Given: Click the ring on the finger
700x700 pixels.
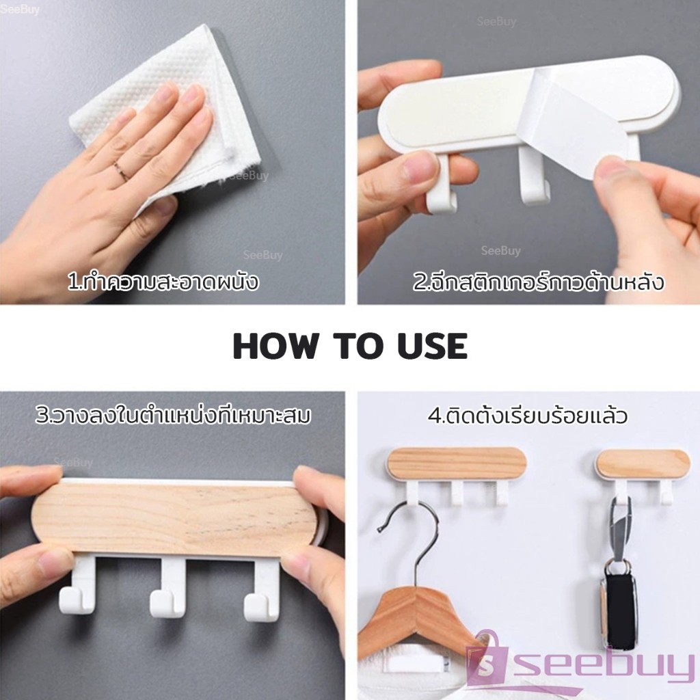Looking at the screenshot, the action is pos(120,171).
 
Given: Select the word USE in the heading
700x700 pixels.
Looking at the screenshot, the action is pos(432,346).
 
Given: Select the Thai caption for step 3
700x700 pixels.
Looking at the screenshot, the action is pos(173,414).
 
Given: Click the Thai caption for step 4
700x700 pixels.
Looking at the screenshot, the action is pos(528,415).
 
